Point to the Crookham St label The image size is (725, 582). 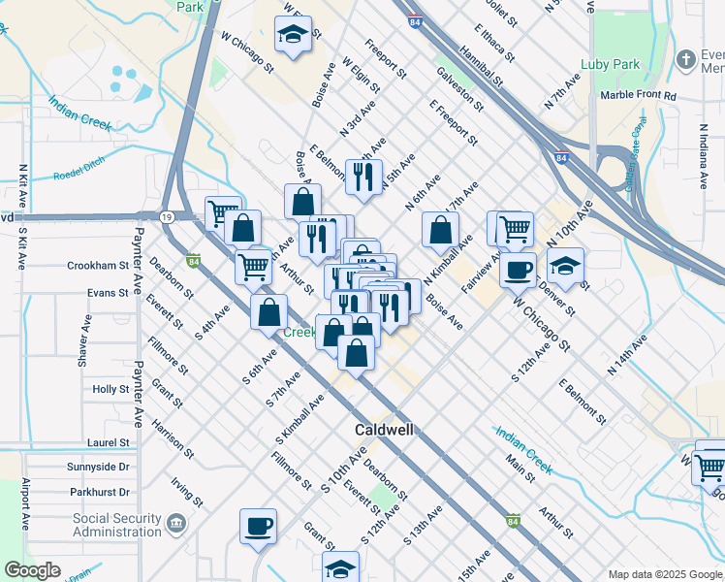[x=98, y=265]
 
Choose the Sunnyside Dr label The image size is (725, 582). [x=99, y=467]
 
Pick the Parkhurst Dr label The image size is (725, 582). [x=99, y=492]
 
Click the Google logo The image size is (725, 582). [x=32, y=570]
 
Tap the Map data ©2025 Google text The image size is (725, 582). [x=665, y=574]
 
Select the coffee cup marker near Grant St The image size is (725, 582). [x=259, y=526]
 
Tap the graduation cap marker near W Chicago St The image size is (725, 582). [x=291, y=35]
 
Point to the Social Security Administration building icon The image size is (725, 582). [x=175, y=525]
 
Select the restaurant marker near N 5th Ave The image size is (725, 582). [x=363, y=176]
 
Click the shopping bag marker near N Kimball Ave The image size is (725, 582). [x=441, y=229]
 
